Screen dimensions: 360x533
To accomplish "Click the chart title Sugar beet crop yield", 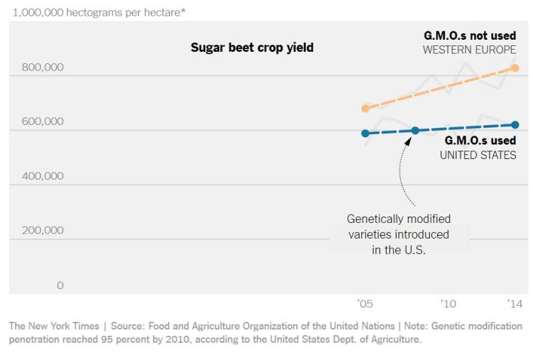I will click(252, 48).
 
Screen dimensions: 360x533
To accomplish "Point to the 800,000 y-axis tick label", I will click(37, 68).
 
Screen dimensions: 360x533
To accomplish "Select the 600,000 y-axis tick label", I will click(37, 121).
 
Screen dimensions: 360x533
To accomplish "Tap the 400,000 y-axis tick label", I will click(37, 176).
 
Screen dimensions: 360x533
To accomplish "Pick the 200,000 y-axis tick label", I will click(37, 230).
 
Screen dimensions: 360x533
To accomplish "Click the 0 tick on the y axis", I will click(60, 285).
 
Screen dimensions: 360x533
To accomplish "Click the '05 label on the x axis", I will click(365, 304).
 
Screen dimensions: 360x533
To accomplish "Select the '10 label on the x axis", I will click(448, 304).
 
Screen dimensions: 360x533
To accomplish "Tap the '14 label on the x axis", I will click(515, 304).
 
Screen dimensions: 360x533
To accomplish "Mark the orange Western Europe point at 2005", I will click(365, 109).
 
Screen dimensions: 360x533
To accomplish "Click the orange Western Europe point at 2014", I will click(515, 68).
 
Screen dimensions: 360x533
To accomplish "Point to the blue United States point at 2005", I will click(365, 133).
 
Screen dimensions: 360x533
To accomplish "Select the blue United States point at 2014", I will click(515, 125).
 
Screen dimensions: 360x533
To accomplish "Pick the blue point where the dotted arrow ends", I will click(416, 131).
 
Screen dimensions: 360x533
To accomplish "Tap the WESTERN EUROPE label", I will click(469, 50).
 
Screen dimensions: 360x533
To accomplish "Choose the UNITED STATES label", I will click(478, 155).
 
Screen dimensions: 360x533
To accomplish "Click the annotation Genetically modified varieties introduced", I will click(398, 226).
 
